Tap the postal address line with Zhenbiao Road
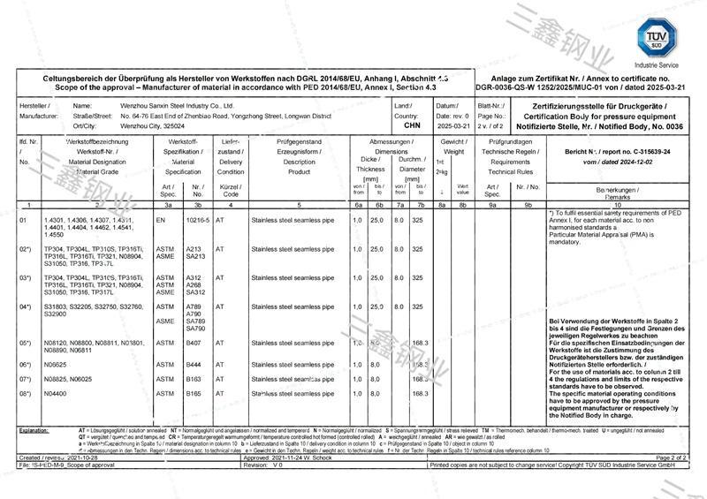click(225, 116)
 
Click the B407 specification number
click(194, 343)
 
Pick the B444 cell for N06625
click(194, 364)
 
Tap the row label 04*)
click(27, 306)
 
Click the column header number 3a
click(168, 204)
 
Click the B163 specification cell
click(194, 378)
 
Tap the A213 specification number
click(194, 249)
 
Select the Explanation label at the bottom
click(34, 429)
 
